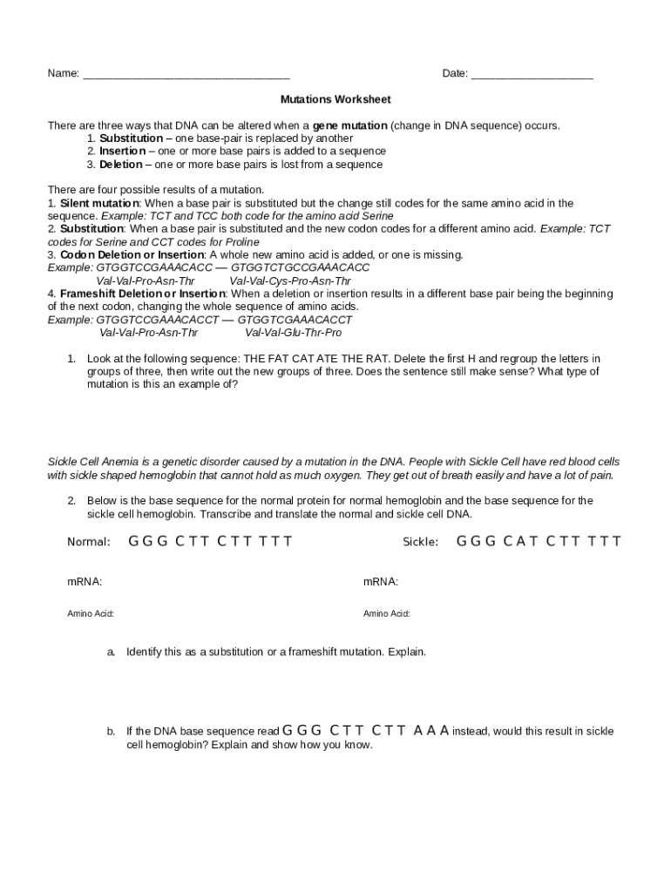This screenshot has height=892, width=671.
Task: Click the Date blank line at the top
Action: [532, 76]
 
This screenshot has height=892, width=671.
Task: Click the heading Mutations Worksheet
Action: [335, 99]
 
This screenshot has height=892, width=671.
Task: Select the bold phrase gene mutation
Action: [349, 125]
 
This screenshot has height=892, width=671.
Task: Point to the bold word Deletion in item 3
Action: [120, 165]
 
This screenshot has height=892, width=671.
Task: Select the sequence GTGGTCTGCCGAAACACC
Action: [300, 268]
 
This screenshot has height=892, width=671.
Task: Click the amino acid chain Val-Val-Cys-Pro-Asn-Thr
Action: [290, 281]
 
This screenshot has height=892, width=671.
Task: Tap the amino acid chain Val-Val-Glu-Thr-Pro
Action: [294, 333]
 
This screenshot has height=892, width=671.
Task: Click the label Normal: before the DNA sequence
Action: [89, 543]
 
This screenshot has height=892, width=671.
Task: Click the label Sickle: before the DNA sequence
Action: [420, 543]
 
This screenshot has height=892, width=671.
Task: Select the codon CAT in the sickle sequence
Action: [521, 542]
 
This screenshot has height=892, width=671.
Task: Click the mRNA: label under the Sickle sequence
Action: [381, 581]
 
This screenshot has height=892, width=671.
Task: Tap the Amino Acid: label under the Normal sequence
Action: [91, 614]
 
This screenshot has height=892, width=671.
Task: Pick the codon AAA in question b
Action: [431, 731]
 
